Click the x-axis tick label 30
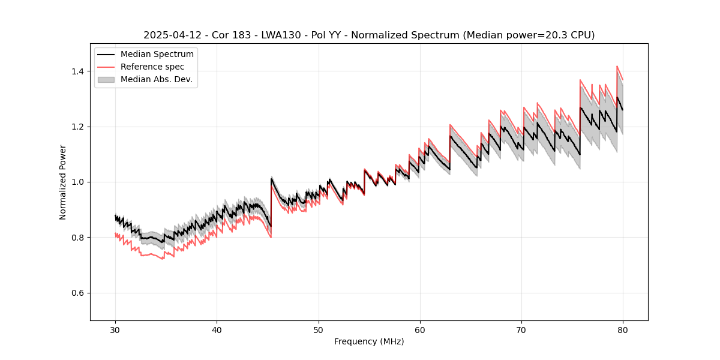(115, 330)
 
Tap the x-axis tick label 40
(217, 330)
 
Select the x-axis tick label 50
(318, 330)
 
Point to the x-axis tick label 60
(419, 330)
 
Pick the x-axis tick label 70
(521, 330)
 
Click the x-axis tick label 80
(622, 330)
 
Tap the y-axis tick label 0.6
(79, 293)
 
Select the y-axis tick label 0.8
(79, 238)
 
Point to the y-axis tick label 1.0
(79, 182)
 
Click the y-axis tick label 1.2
(79, 127)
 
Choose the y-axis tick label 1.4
(79, 71)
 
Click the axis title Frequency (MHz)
(369, 342)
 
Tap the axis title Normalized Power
(63, 182)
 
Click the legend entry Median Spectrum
(157, 55)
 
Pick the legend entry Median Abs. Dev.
(156, 79)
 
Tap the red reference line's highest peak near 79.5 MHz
(617, 67)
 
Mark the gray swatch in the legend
(107, 79)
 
